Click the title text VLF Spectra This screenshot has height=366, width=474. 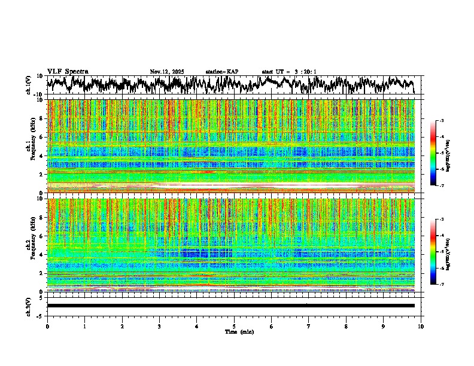tap(68, 71)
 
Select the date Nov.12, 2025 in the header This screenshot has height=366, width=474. tap(167, 72)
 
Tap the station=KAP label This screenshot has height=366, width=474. tap(222, 72)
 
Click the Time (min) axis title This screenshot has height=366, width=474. tap(239, 331)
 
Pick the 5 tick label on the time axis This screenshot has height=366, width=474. tap(234, 327)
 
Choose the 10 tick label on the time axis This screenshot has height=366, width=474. tap(421, 327)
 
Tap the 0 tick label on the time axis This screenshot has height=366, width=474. tap(47, 327)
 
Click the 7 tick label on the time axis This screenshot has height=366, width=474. tap(309, 327)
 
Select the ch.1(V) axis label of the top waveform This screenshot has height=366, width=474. tap(28, 85)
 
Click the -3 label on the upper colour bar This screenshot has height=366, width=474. tap(440, 121)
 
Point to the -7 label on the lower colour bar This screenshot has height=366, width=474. tap(440, 285)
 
